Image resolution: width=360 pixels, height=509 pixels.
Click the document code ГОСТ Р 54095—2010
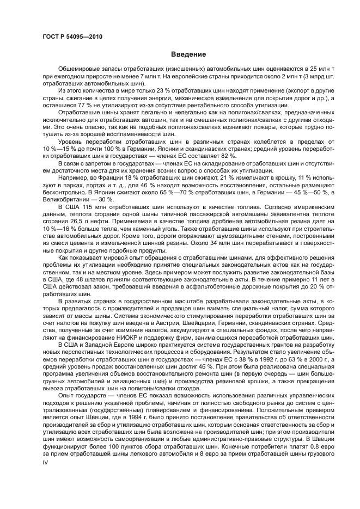point(72,36)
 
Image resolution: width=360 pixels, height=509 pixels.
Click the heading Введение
point(188,54)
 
